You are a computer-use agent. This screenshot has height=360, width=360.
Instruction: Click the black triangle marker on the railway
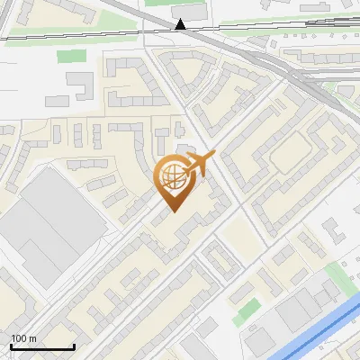click(x=181, y=24)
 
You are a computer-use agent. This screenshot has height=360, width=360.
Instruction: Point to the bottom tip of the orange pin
click(x=173, y=211)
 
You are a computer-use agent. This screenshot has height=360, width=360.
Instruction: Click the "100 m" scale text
click(x=23, y=337)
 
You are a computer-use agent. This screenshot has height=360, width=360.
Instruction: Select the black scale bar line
click(x=41, y=346)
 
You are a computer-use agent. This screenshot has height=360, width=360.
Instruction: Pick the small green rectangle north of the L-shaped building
click(x=70, y=56)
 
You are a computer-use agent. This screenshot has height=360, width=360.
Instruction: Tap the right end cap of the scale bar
click(x=74, y=346)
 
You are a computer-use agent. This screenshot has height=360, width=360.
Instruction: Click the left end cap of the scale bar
click(x=10, y=346)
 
